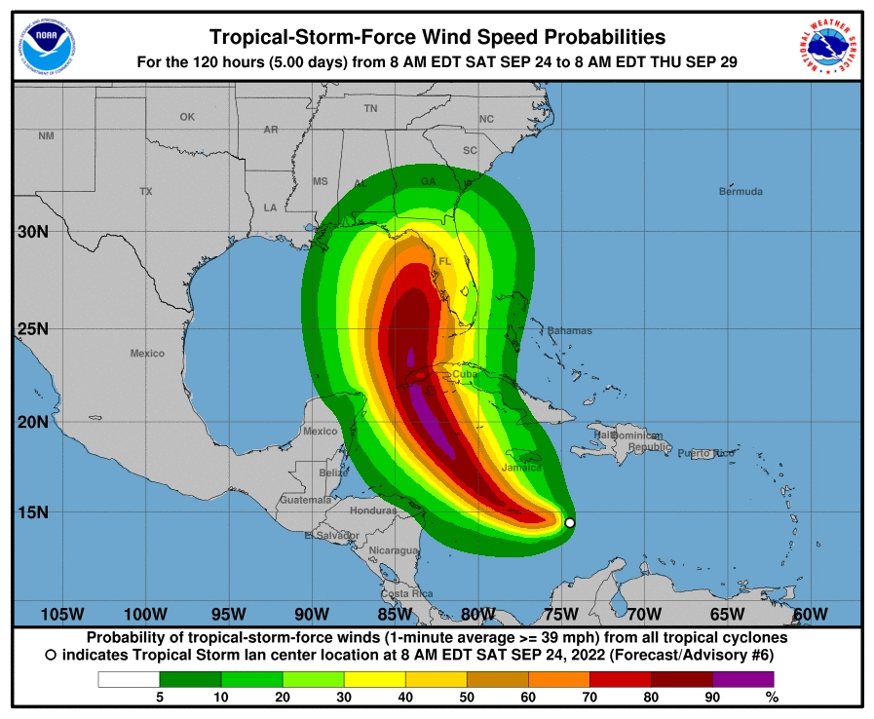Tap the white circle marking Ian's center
(x=570, y=523)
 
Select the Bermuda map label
(x=741, y=192)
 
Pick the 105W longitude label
(x=61, y=614)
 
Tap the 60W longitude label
(x=810, y=614)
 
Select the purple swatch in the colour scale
(x=742, y=679)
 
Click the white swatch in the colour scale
(x=129, y=679)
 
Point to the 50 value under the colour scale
(x=467, y=697)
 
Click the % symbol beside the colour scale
(x=772, y=697)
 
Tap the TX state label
(x=146, y=192)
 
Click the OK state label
(x=187, y=117)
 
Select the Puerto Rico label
(x=705, y=454)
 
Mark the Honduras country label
(x=374, y=511)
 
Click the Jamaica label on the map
(x=521, y=468)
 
